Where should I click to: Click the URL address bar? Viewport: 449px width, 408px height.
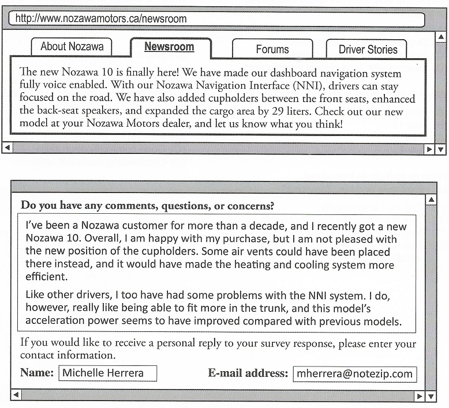click(x=216, y=19)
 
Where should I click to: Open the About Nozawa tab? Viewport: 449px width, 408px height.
click(x=72, y=47)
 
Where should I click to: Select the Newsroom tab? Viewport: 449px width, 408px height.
click(x=169, y=47)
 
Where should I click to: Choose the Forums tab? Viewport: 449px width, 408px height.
click(x=272, y=50)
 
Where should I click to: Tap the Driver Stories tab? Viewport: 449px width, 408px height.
click(x=368, y=50)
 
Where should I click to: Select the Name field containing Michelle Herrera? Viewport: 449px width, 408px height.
click(x=108, y=373)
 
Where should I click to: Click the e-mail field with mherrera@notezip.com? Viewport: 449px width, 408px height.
click(x=354, y=373)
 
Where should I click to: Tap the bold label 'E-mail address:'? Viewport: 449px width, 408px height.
click(x=248, y=373)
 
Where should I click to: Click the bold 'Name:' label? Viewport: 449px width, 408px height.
click(x=37, y=373)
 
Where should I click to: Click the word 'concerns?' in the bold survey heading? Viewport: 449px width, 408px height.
click(x=250, y=205)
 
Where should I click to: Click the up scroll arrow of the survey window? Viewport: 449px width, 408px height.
click(x=430, y=200)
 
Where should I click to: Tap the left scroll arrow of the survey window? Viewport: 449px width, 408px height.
click(x=16, y=395)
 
